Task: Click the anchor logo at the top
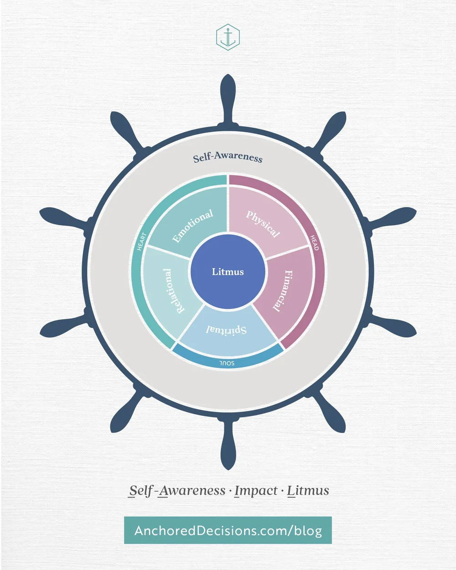228,37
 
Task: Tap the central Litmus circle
228,272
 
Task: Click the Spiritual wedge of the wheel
227,331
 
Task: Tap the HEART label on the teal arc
142,242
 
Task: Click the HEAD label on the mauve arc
315,243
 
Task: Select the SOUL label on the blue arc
227,363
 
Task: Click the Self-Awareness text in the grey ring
228,157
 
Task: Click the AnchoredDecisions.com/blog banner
228,530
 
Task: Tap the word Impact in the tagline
256,491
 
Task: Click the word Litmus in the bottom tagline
308,491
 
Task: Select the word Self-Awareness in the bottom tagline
177,491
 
